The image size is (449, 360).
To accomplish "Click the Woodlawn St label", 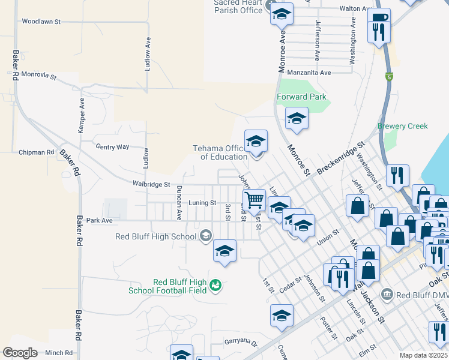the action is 41,21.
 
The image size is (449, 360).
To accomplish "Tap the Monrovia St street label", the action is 38,76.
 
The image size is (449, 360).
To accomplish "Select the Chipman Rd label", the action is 37,152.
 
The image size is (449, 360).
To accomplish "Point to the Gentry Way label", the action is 112,146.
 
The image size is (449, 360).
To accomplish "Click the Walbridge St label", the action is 152,184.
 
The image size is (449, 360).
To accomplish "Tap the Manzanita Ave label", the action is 309,73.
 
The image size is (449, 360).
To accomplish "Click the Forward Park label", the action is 301,97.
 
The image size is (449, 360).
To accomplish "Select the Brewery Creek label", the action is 403,126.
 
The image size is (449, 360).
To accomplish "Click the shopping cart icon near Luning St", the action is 255,199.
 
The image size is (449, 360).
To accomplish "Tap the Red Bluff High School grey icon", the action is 206,235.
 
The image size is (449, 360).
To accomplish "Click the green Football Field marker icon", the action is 215,286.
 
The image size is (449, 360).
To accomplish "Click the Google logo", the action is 20,353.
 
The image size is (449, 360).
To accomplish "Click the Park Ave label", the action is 100,220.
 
